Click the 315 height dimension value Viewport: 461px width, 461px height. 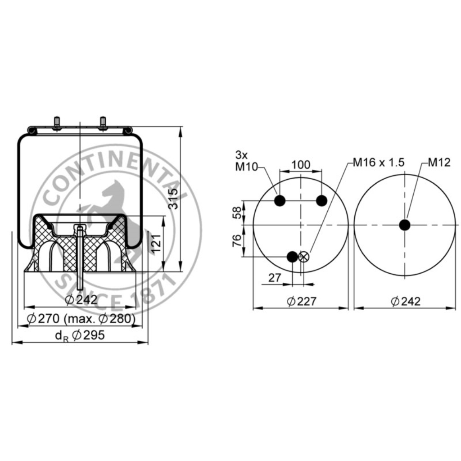173,199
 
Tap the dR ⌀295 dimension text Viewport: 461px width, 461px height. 80,335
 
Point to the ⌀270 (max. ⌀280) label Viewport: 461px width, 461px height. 81,318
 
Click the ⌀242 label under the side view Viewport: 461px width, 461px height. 81,300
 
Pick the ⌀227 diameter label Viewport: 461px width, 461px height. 302,301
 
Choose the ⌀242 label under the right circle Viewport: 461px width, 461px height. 406,301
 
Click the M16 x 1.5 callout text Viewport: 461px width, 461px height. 379,162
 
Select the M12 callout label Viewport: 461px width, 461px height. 439,162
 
